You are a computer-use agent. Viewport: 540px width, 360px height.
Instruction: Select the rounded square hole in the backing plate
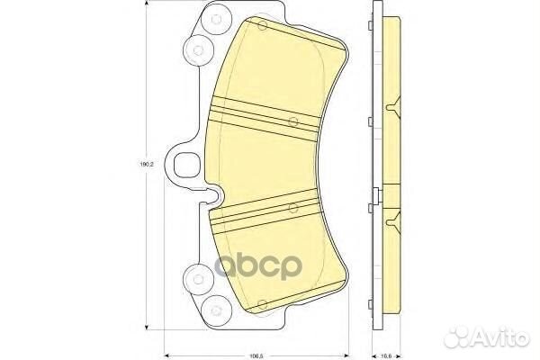pyautogui.click(x=189, y=166)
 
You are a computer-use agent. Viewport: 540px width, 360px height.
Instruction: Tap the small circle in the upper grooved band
pyautogui.click(x=292, y=122)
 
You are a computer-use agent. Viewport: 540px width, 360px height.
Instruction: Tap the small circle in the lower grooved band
pyautogui.click(x=292, y=208)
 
